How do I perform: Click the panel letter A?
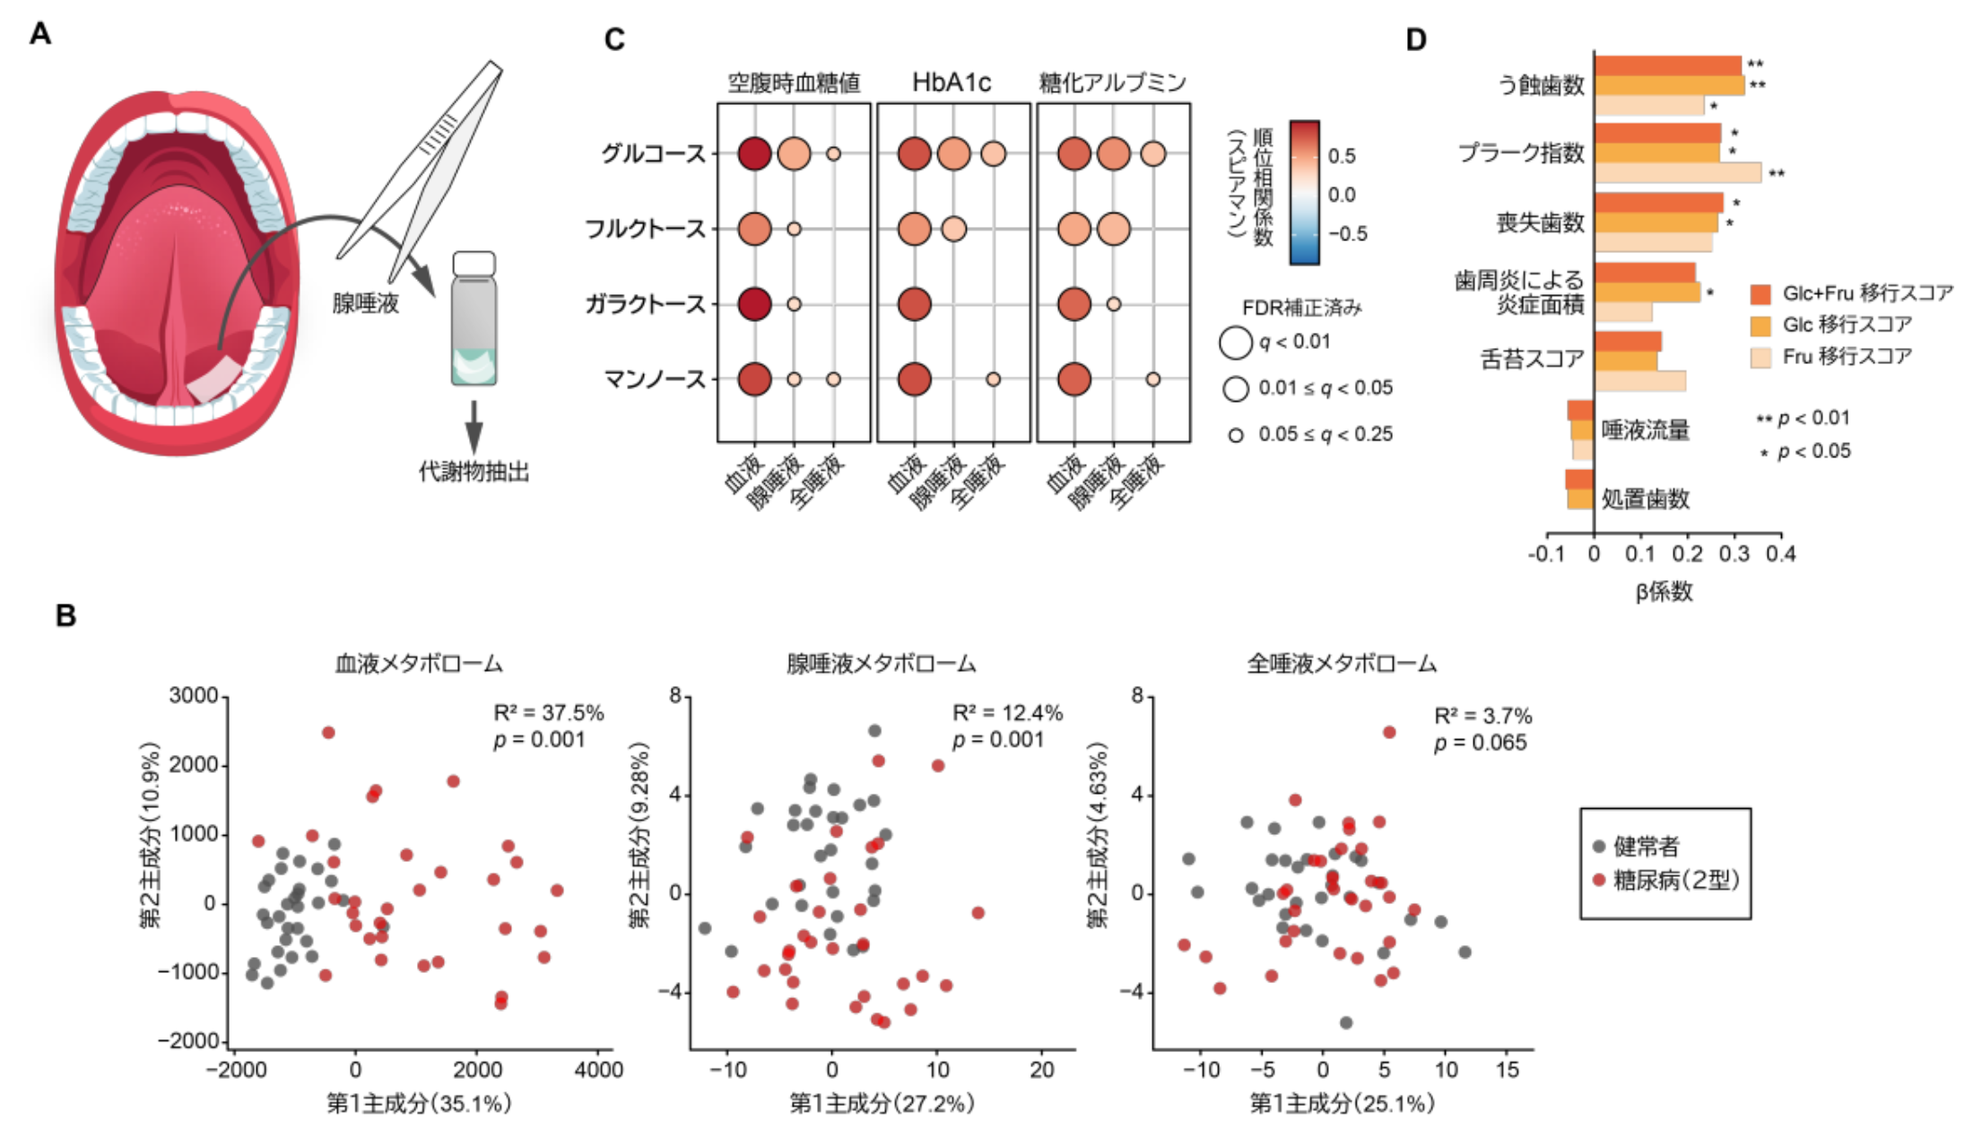tap(39, 33)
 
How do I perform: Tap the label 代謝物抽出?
tap(474, 472)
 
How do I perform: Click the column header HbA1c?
tap(952, 83)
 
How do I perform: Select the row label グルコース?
tap(654, 153)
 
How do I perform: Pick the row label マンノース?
tap(656, 379)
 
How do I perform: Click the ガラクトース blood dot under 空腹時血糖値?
tap(754, 304)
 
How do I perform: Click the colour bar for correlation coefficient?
tap(1304, 192)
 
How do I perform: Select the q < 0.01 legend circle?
tap(1235, 342)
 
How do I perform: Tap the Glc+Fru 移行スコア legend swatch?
tap(1760, 294)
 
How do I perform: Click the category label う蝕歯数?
tap(1542, 85)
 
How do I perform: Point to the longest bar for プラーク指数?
tap(1677, 173)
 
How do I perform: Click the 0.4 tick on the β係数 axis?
tap(1781, 553)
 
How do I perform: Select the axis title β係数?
tap(1664, 591)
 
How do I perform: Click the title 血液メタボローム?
tap(419, 664)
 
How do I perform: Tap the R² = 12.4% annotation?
tap(1007, 713)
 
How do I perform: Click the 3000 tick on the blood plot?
tap(193, 696)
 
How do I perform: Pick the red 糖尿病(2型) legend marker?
tap(1599, 880)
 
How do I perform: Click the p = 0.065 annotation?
tap(1480, 743)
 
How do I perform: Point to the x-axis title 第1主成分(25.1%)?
tap(1342, 1102)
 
